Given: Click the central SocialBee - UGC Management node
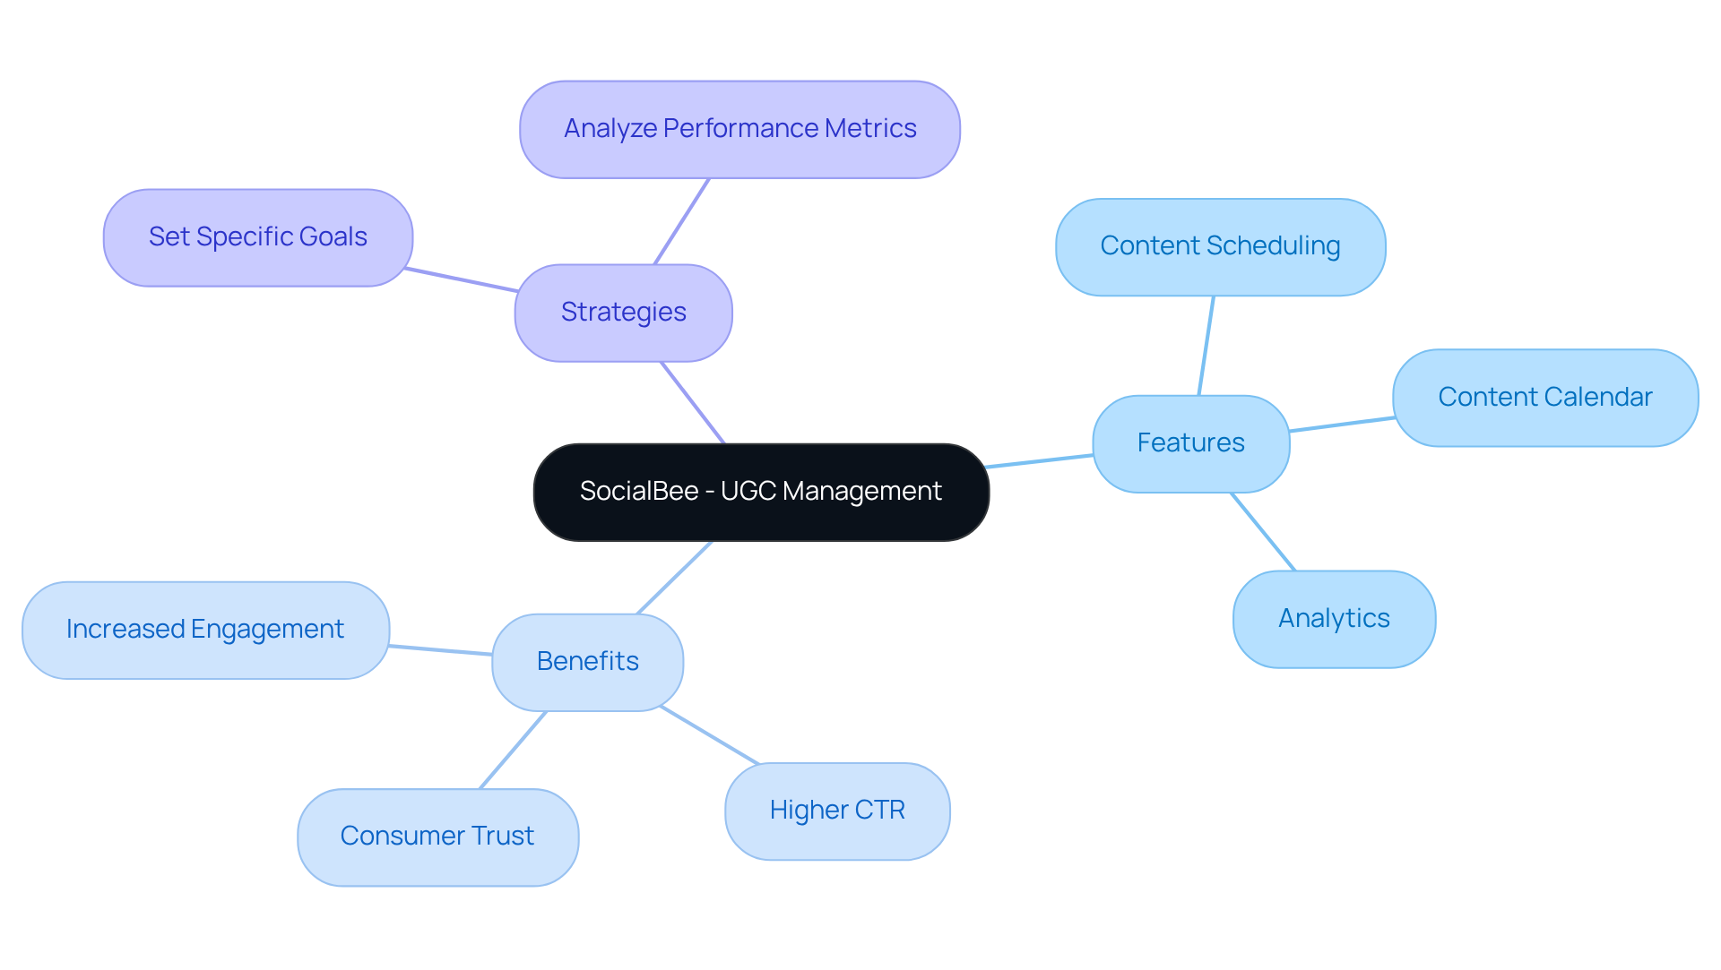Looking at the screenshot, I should pyautogui.click(x=761, y=492).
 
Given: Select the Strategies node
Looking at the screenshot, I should pyautogui.click(x=623, y=313).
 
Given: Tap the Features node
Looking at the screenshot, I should pyautogui.click(x=1190, y=443).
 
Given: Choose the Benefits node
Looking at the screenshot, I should pyautogui.click(x=587, y=662).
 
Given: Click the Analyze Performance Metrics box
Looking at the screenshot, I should pyautogui.click(x=739, y=129).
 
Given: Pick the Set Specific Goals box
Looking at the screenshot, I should pyautogui.click(x=257, y=237).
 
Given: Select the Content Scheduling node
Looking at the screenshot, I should pyautogui.click(x=1220, y=246).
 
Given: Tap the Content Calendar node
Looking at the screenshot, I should pyautogui.click(x=1544, y=398).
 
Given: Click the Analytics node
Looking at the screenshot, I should pyautogui.click(x=1334, y=619).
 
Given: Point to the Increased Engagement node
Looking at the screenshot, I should pyautogui.click(x=205, y=630).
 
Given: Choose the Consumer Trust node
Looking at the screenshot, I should pyautogui.click(x=437, y=837).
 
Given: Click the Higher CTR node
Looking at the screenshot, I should pyautogui.click(x=837, y=811).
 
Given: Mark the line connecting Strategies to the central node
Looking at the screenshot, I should pyautogui.click(x=693, y=403).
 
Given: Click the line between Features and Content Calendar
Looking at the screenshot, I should pyautogui.click(x=1342, y=425).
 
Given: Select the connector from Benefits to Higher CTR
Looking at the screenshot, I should pyautogui.click(x=710, y=735).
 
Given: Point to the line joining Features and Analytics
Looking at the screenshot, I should pyautogui.click(x=1264, y=532).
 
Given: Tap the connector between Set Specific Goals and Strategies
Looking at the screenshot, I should pyautogui.click(x=461, y=279).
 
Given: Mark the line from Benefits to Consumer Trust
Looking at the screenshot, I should pyautogui.click(x=513, y=751).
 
